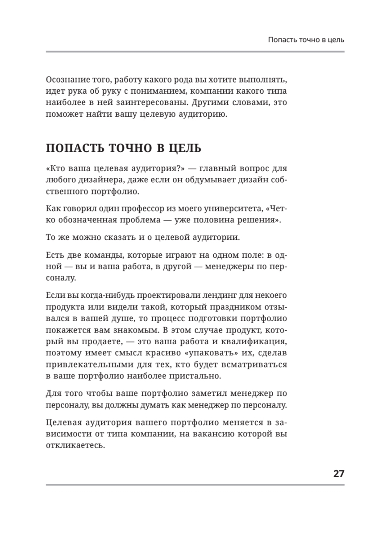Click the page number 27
point(338,473)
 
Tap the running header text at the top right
point(306,40)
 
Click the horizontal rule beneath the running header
point(195,52)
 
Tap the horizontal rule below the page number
point(195,485)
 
